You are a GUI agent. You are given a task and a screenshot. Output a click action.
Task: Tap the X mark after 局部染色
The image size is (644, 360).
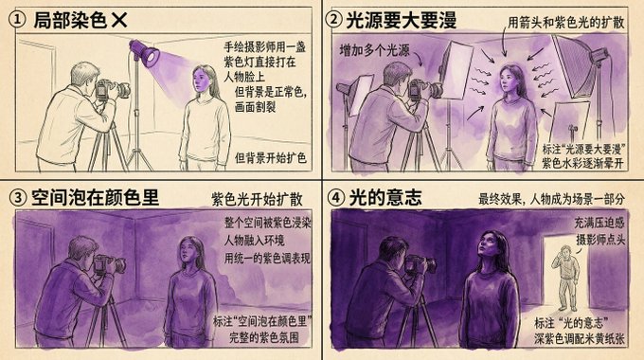click(x=118, y=20)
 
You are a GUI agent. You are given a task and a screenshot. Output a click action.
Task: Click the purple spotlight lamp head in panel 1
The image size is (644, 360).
click(x=145, y=52)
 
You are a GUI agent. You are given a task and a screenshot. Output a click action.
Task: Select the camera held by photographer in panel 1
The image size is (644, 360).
click(x=112, y=89)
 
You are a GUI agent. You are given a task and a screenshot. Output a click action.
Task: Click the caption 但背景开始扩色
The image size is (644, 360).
click(x=271, y=158)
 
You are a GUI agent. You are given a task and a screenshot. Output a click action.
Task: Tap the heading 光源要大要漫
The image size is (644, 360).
click(x=402, y=20)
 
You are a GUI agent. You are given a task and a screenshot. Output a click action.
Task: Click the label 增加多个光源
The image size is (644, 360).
click(x=375, y=50)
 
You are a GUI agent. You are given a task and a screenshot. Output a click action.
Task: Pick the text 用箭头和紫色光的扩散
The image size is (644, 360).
click(x=566, y=23)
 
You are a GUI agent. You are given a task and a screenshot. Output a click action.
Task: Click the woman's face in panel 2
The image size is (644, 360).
click(x=508, y=81)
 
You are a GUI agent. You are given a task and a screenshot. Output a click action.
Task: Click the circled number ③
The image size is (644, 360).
click(x=18, y=198)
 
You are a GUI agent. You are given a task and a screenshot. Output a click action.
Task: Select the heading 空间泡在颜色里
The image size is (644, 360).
click(x=95, y=198)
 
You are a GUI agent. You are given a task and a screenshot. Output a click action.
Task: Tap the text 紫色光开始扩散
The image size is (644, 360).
click(x=257, y=199)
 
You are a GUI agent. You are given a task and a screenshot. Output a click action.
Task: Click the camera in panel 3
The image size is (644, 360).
click(x=109, y=264)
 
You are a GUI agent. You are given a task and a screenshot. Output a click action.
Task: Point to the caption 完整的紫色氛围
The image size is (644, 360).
click(x=264, y=338)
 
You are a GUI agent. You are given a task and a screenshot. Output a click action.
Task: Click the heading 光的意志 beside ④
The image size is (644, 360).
click(x=385, y=198)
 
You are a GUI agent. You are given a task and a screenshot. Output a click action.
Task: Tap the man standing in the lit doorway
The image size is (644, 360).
click(x=566, y=279)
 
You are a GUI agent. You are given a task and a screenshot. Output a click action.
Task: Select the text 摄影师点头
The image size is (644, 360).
click(x=600, y=240)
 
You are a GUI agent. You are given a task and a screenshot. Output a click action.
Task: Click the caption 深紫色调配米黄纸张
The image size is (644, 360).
click(x=580, y=339)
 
